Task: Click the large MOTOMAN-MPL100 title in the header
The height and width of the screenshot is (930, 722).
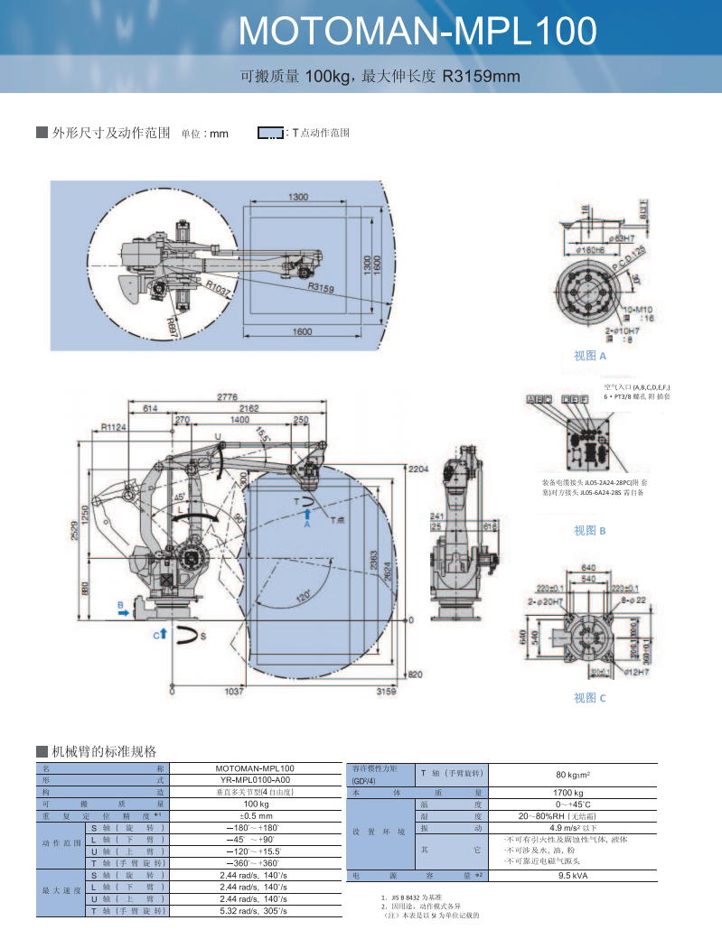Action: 417,32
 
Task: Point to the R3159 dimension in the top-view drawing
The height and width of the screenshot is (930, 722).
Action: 321,289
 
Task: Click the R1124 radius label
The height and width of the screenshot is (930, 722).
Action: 114,427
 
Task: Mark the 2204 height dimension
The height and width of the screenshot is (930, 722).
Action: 417,470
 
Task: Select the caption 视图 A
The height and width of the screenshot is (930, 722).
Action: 590,356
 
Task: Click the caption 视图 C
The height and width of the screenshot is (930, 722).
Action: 590,698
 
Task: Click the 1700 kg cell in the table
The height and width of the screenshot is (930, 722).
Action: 567,793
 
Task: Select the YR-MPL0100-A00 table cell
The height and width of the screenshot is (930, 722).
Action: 256,779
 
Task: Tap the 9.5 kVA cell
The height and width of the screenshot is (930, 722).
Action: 567,876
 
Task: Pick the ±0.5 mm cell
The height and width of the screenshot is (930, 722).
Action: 256,815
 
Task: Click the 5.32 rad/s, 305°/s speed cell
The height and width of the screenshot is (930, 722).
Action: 256,912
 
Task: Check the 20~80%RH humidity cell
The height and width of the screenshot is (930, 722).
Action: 567,815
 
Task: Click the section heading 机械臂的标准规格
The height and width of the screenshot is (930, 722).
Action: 104,751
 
